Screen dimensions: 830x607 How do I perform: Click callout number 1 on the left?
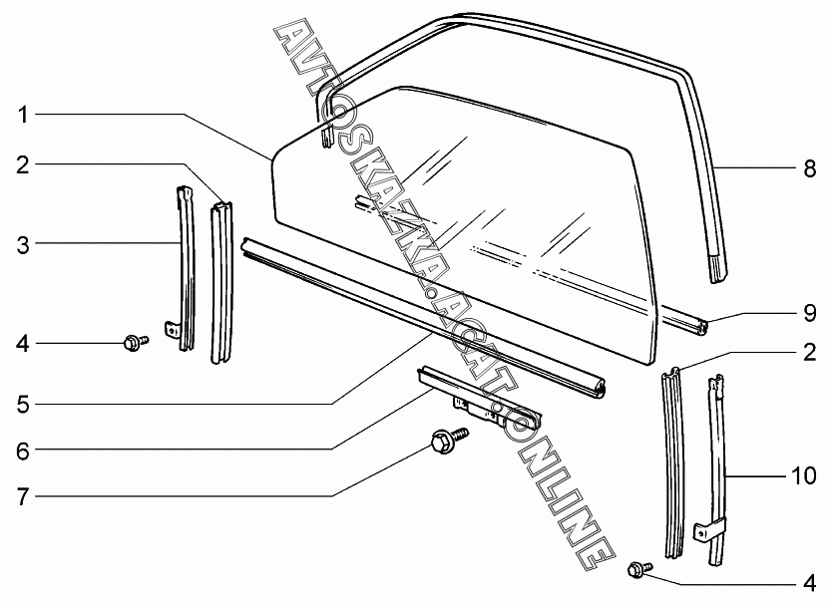point(22,115)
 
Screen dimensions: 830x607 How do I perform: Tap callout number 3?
point(23,245)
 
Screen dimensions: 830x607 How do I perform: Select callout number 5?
point(23,405)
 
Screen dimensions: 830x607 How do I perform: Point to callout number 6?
point(23,452)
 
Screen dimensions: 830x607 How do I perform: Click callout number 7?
point(23,497)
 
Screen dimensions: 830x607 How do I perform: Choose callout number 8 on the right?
point(810,168)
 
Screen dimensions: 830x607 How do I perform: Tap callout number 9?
point(810,313)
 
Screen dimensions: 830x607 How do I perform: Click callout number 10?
point(804,475)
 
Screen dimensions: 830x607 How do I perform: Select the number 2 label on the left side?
point(23,165)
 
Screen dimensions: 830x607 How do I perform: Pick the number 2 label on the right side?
point(810,353)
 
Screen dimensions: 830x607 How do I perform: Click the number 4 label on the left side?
point(23,344)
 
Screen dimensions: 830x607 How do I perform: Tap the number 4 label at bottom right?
point(810,583)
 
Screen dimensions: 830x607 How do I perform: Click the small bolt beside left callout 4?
point(136,343)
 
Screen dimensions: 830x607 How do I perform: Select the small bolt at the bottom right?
point(639,569)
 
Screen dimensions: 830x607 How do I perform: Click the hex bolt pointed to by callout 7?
point(450,439)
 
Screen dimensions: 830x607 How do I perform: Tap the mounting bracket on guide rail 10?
point(704,532)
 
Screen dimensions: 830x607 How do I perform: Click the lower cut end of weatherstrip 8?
point(718,268)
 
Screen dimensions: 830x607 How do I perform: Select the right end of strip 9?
point(703,327)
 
